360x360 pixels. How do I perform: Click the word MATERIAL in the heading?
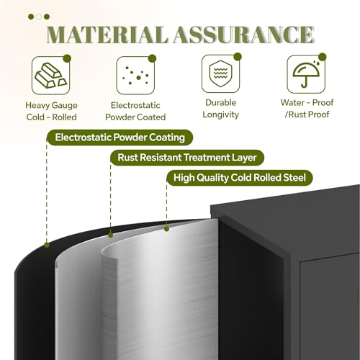(x=107, y=35)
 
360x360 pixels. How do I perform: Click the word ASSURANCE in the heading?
(x=243, y=35)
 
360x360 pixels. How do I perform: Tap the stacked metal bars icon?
(x=51, y=76)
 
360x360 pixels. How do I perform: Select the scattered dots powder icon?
(x=135, y=76)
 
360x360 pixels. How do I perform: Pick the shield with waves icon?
(x=220, y=73)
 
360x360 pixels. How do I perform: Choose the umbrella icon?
(x=306, y=74)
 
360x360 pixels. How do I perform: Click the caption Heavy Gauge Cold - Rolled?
(x=51, y=111)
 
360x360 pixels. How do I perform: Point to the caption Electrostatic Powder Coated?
(x=135, y=111)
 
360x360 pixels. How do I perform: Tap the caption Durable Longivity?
(x=220, y=109)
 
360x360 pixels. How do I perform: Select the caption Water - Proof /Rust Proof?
(x=307, y=109)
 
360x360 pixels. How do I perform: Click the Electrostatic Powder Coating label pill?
(x=120, y=138)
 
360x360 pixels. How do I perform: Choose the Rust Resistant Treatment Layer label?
(x=187, y=158)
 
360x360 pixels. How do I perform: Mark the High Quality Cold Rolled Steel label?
(x=240, y=178)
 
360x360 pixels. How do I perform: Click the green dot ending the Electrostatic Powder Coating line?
(x=47, y=245)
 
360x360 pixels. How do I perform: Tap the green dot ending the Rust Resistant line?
(x=110, y=235)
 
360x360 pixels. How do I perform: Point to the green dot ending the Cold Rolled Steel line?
(x=166, y=229)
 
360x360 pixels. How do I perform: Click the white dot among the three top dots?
(x=39, y=17)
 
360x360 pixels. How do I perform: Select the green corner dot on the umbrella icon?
(x=323, y=57)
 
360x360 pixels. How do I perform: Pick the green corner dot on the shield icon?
(x=238, y=57)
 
